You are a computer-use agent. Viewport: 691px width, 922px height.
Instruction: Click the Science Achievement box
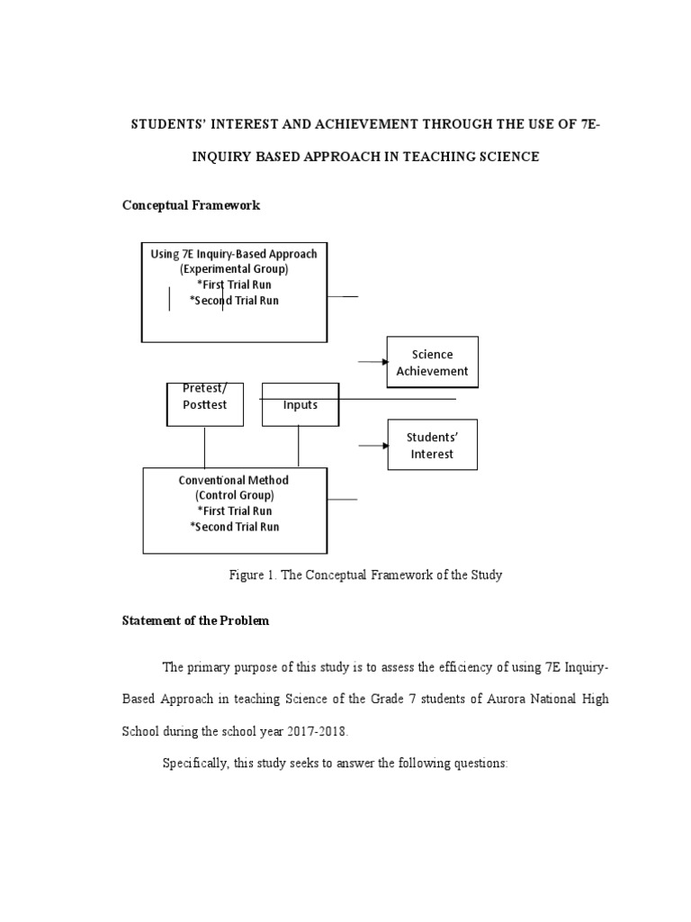point(433,362)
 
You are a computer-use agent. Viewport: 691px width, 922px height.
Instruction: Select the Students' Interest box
point(432,445)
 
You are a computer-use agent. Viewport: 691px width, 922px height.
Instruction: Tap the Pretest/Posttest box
point(205,403)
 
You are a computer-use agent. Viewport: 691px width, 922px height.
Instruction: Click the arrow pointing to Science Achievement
point(372,362)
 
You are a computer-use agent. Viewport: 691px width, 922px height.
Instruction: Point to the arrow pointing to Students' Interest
point(372,445)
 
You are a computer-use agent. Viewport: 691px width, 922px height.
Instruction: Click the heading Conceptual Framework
point(191,205)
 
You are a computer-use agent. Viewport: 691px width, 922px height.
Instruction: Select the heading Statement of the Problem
point(195,621)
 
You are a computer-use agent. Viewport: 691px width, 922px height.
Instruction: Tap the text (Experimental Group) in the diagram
point(234,269)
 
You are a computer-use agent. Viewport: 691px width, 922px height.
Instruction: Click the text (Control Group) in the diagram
point(234,495)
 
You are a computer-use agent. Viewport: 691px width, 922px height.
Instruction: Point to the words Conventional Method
point(234,480)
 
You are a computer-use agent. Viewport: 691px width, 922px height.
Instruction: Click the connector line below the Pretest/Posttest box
point(205,446)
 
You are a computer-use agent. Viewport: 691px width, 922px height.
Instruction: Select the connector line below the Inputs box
point(299,446)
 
